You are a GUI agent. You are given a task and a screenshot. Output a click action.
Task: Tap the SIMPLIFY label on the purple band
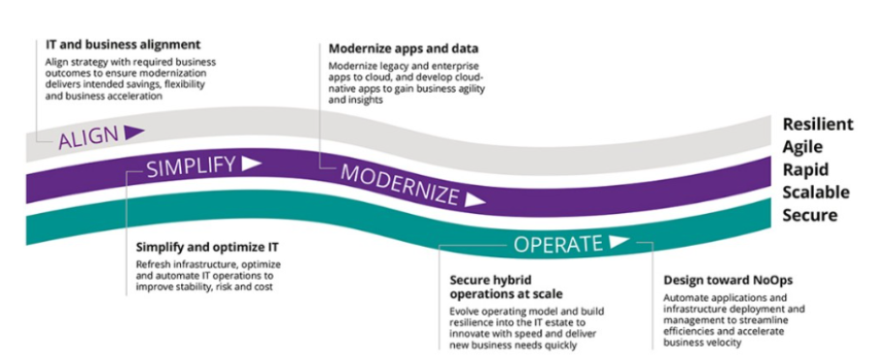click(191, 166)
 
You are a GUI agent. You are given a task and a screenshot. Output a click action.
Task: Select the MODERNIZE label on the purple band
click(399, 185)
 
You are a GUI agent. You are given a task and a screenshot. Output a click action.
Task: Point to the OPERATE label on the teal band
click(558, 243)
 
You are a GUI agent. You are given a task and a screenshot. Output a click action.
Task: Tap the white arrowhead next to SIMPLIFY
click(251, 164)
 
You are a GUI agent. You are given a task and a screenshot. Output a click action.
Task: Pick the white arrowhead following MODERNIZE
click(474, 201)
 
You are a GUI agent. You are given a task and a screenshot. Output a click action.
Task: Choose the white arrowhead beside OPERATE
click(619, 241)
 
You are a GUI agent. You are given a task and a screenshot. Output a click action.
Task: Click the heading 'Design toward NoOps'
click(724, 281)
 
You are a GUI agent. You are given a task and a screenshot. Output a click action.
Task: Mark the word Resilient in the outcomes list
click(818, 124)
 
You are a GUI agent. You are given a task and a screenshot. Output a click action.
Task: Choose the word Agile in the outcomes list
click(803, 146)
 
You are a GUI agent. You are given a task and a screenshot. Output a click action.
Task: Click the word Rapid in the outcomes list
click(805, 169)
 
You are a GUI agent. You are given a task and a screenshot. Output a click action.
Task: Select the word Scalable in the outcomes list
click(816, 192)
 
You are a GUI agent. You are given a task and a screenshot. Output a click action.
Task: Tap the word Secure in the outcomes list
click(809, 214)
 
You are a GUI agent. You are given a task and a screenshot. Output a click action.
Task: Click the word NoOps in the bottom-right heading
click(762, 281)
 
